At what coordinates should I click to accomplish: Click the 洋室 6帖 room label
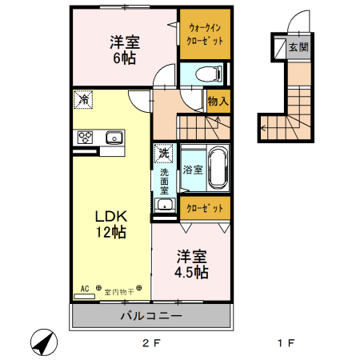pyautogui.click(x=125, y=50)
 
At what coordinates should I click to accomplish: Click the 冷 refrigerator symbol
pyautogui.click(x=84, y=101)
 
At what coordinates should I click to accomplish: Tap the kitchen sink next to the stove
pyautogui.click(x=113, y=138)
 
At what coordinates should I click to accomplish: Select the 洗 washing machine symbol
pyautogui.click(x=163, y=152)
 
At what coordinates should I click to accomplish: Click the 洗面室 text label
pyautogui.click(x=163, y=182)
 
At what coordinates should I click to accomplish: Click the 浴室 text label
pyautogui.click(x=192, y=170)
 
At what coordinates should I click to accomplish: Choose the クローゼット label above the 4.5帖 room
pyautogui.click(x=205, y=208)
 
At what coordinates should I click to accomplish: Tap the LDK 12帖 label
pyautogui.click(x=112, y=224)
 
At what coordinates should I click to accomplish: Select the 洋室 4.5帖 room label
pyautogui.click(x=192, y=264)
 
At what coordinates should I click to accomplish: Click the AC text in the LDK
pyautogui.click(x=83, y=288)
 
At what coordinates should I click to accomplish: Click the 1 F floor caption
pyautogui.click(x=286, y=344)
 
